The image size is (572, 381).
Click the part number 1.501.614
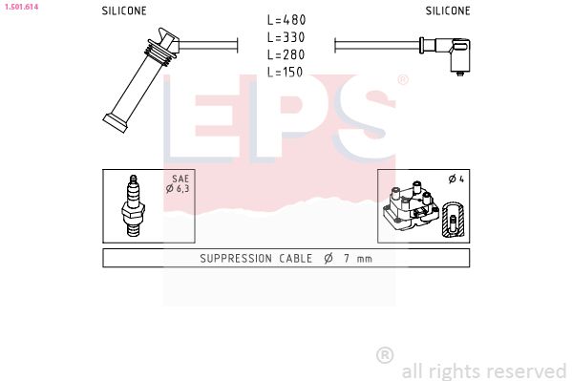(21, 7)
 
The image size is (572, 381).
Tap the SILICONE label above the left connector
(124, 11)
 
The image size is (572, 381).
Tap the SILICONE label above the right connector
(448, 11)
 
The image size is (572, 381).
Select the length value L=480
(286, 20)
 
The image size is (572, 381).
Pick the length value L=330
(286, 37)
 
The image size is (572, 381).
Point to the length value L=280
(286, 54)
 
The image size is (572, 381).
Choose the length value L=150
(286, 72)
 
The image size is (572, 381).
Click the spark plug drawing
(134, 205)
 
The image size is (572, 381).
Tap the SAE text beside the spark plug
(180, 179)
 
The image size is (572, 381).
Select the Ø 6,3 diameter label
(178, 189)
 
